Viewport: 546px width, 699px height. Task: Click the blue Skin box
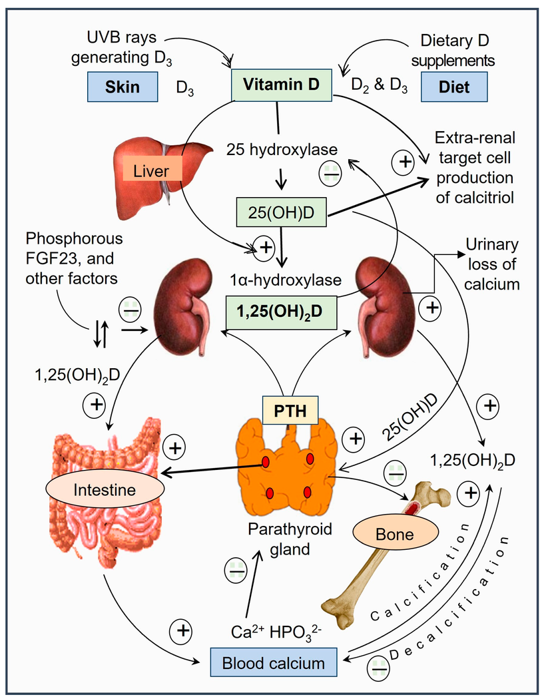point(123,87)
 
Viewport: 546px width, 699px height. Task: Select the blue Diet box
point(454,87)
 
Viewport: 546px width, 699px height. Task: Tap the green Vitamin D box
point(281,85)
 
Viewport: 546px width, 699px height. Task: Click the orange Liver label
point(151,170)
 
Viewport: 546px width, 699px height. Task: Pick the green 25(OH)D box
point(281,212)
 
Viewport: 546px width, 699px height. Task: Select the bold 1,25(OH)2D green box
point(281,312)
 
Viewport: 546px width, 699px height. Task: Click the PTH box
point(290,410)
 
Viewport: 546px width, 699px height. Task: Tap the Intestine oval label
point(105,489)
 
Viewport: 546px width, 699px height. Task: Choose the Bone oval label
point(396,534)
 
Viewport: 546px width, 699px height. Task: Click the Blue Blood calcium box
point(274,663)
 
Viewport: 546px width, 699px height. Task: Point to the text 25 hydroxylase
point(282,150)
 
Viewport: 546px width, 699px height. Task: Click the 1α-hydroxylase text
point(286,280)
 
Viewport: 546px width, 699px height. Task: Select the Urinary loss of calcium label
point(491,264)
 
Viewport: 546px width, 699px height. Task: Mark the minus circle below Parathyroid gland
point(236,570)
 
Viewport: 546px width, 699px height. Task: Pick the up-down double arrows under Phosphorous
point(101,334)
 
